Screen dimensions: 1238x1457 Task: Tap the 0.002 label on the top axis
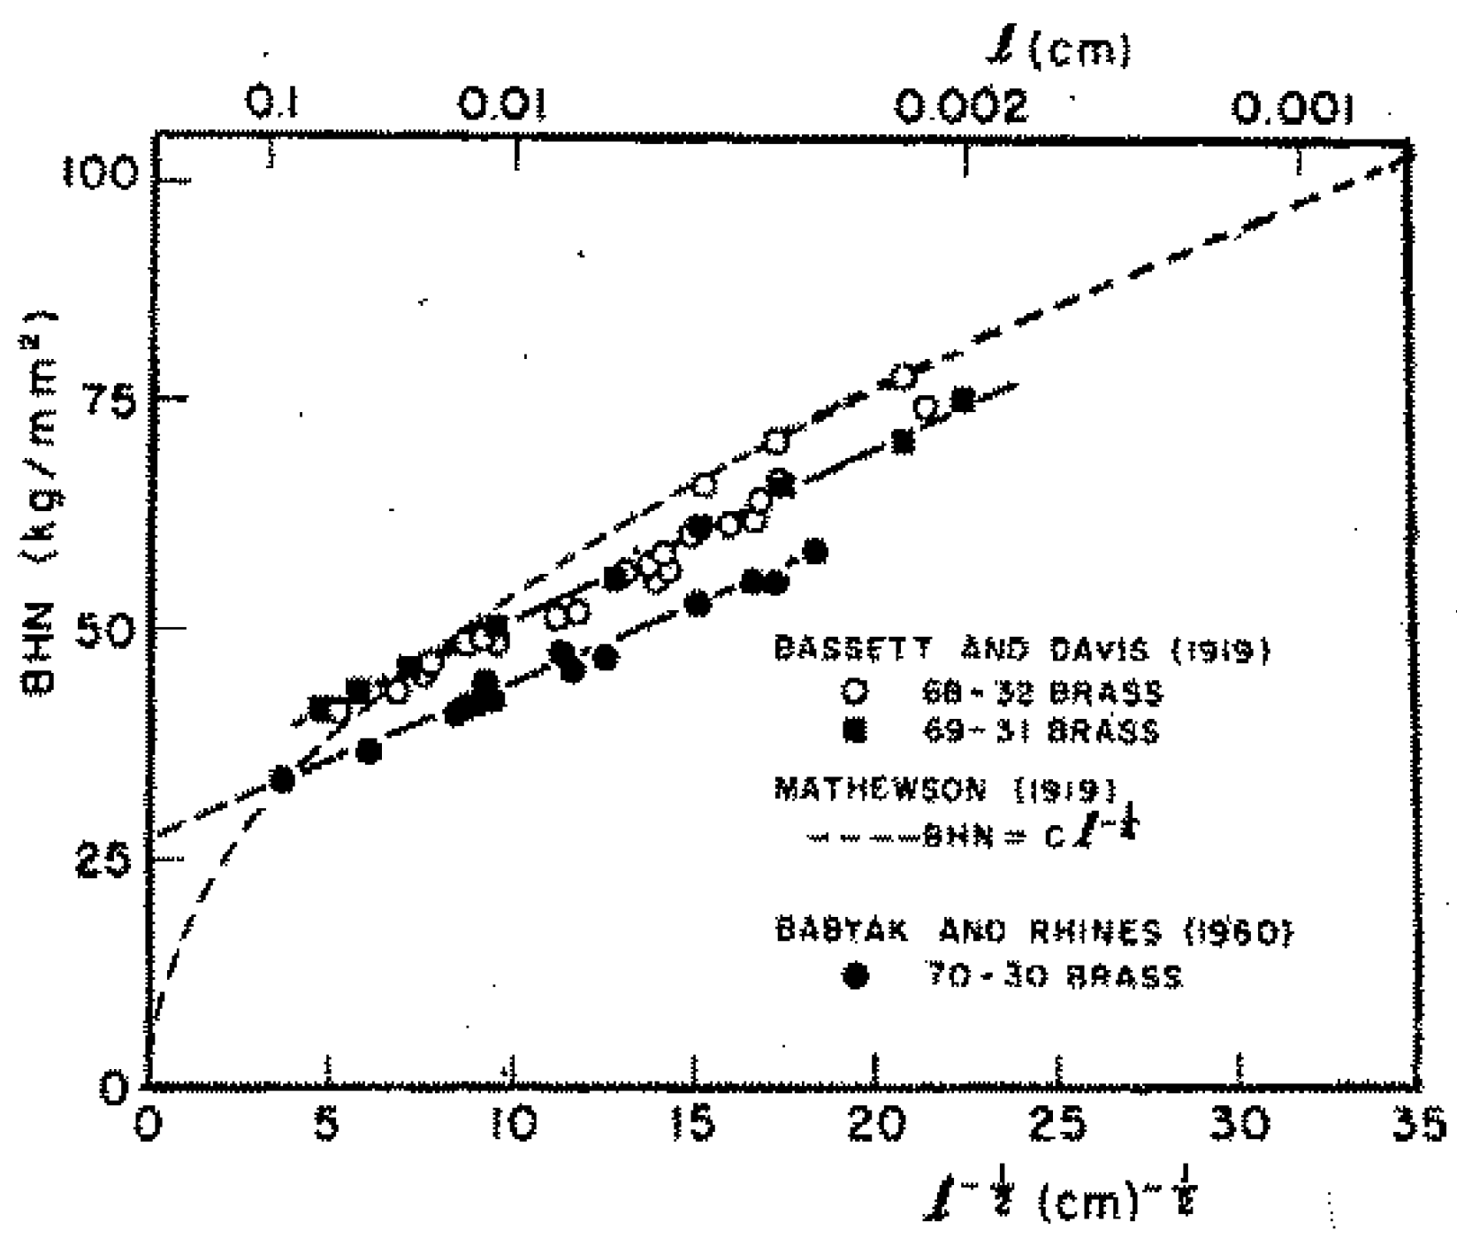(x=962, y=108)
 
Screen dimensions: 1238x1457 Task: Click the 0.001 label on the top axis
(x=1293, y=108)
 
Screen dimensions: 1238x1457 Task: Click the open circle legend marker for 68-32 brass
(x=854, y=692)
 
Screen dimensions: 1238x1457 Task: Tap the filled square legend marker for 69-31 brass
(x=854, y=731)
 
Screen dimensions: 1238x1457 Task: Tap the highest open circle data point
(x=903, y=375)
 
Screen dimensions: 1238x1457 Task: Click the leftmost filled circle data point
(x=282, y=779)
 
